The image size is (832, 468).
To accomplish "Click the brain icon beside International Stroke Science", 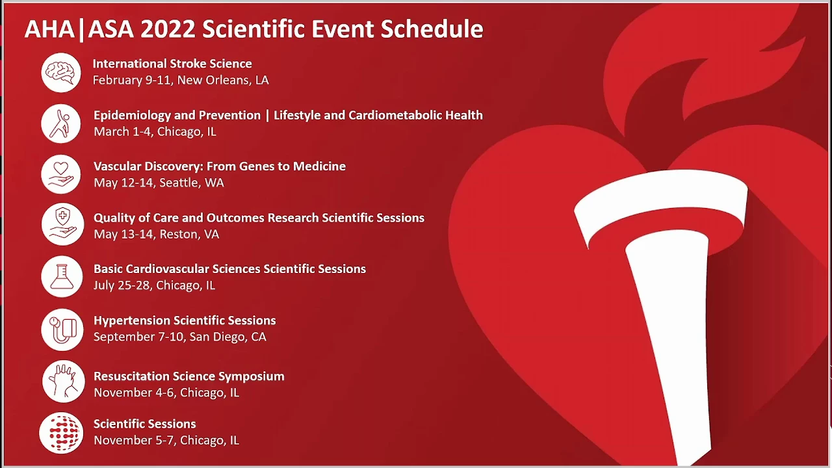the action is pyautogui.click(x=61, y=72).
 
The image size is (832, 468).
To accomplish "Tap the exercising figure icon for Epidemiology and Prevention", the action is pyautogui.click(x=61, y=123).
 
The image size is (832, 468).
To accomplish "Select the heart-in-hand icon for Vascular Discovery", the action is pyautogui.click(x=61, y=174).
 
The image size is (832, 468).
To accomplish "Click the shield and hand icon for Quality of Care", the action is pyautogui.click(x=62, y=224).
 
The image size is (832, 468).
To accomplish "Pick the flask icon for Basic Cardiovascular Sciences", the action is pyautogui.click(x=62, y=276).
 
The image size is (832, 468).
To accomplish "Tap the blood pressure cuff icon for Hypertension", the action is pyautogui.click(x=62, y=330).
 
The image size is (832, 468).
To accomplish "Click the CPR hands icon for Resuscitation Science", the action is pyautogui.click(x=64, y=382).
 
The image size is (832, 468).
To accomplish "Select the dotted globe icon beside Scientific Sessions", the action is pyautogui.click(x=61, y=433).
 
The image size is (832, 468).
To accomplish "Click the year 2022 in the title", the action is pyautogui.click(x=168, y=29).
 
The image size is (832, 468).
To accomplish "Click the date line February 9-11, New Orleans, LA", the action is pyautogui.click(x=181, y=80).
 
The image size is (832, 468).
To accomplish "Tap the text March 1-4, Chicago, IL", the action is pyautogui.click(x=155, y=132).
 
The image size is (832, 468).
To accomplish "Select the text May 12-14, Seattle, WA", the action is pyautogui.click(x=159, y=183).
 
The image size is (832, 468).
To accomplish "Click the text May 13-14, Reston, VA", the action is pyautogui.click(x=157, y=235).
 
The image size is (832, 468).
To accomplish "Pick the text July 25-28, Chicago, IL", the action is pyautogui.click(x=154, y=285).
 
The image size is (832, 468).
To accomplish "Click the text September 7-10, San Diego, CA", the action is pyautogui.click(x=180, y=337).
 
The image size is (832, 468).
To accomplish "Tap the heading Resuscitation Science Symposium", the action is pyautogui.click(x=189, y=376).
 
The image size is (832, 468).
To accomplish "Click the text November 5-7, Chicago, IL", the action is pyautogui.click(x=166, y=441).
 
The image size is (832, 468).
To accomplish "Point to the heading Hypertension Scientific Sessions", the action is pyautogui.click(x=185, y=320).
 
